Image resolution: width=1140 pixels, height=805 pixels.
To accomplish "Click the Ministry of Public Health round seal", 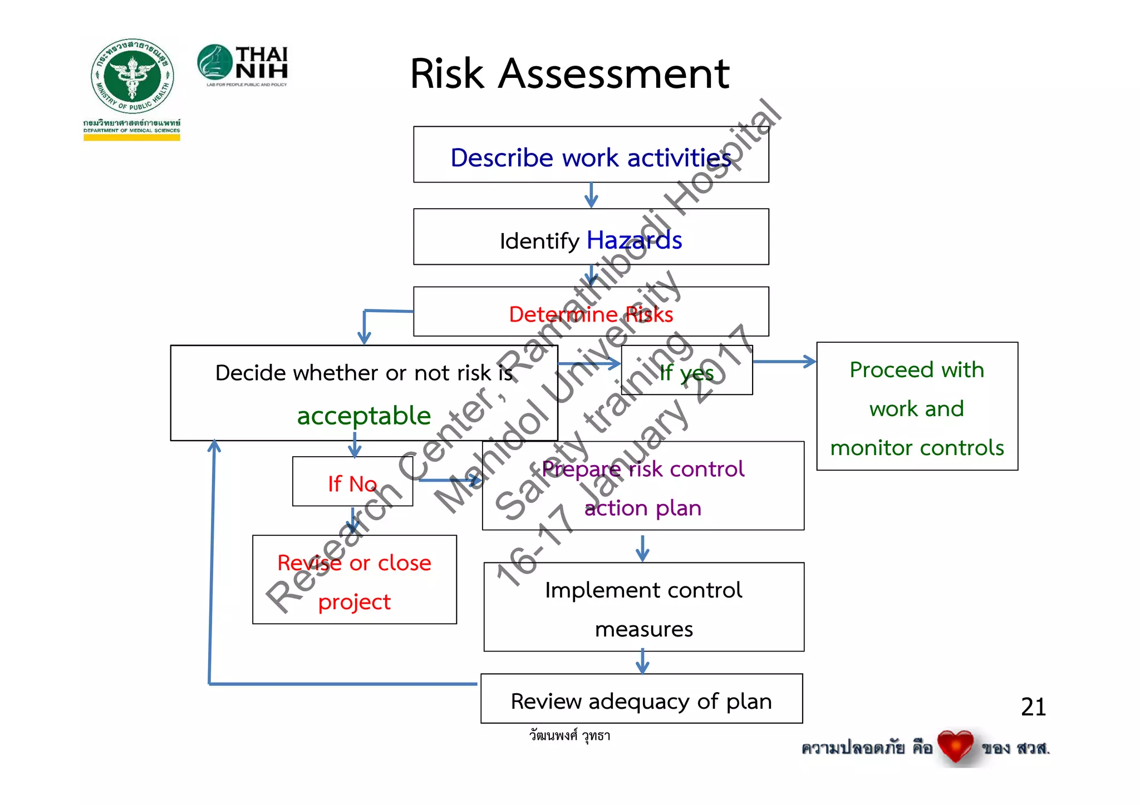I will pyautogui.click(x=132, y=76).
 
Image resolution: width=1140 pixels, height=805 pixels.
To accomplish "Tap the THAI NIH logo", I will pyautogui.click(x=243, y=66).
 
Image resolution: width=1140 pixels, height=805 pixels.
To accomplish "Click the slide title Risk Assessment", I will pyautogui.click(x=569, y=73).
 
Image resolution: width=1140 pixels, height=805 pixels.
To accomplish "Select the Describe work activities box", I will pyautogui.click(x=591, y=155).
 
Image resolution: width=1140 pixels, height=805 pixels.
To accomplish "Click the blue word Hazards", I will pyautogui.click(x=634, y=240).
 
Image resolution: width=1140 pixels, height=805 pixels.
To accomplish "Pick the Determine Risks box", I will pyautogui.click(x=591, y=312).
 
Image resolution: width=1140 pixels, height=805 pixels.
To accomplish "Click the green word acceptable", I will pyautogui.click(x=363, y=416).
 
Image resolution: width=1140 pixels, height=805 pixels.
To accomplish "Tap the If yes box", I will pyautogui.click(x=686, y=371).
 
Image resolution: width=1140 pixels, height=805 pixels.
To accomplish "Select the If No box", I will pyautogui.click(x=352, y=482).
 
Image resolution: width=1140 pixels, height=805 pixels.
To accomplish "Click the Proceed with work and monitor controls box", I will pyautogui.click(x=917, y=407).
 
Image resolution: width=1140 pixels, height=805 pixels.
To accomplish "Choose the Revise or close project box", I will pyautogui.click(x=355, y=580).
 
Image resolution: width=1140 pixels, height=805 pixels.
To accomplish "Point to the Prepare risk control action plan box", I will pyautogui.click(x=642, y=486).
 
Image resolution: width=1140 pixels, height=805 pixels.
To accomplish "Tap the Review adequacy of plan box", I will pyautogui.click(x=641, y=699).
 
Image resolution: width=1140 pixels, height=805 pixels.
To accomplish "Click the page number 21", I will pyautogui.click(x=1033, y=707).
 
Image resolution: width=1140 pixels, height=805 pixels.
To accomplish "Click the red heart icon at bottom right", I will pyautogui.click(x=955, y=745).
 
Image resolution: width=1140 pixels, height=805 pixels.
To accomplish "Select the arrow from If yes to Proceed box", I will pyautogui.click(x=784, y=362).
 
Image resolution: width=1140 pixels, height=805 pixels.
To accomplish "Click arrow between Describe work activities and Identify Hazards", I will pyautogui.click(x=591, y=195).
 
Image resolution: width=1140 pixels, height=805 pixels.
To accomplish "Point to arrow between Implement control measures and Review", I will pyautogui.click(x=642, y=662).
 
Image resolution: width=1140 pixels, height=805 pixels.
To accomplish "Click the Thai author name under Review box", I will pyautogui.click(x=569, y=735).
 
